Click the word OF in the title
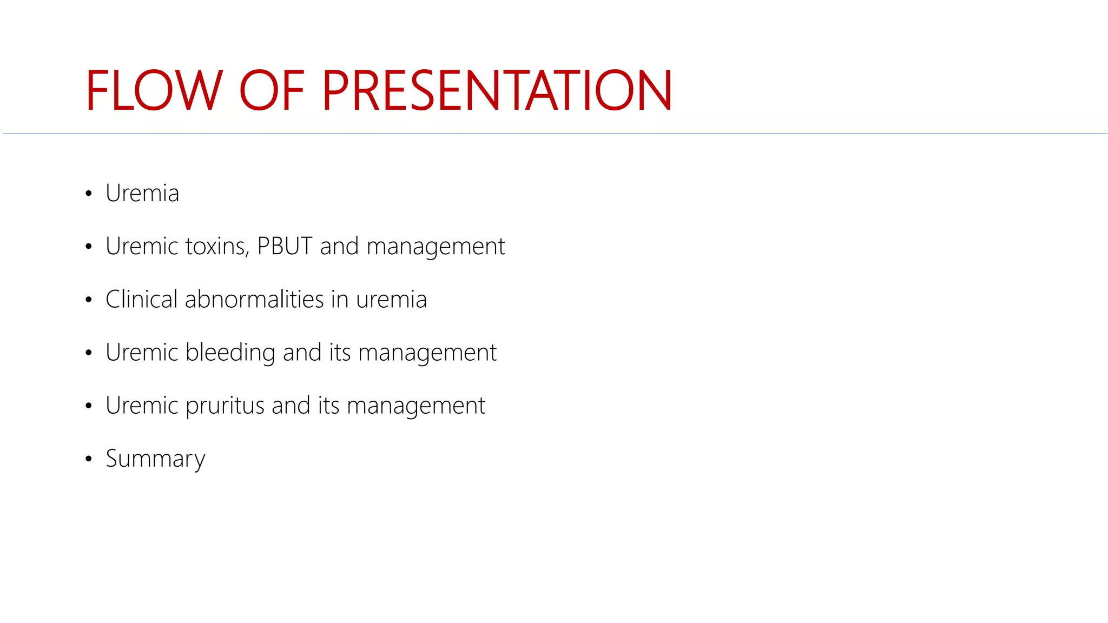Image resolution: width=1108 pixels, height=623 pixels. [x=272, y=91]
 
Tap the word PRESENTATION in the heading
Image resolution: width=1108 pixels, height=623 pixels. [x=497, y=91]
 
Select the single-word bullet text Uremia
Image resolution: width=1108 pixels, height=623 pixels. [x=142, y=194]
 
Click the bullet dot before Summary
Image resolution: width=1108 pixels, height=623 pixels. [x=89, y=459]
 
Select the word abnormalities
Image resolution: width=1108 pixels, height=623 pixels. [x=254, y=300]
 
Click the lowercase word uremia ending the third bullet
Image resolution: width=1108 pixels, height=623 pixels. [x=391, y=300]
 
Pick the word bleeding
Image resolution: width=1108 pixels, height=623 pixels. [x=230, y=353]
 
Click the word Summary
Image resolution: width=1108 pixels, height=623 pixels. [x=155, y=459]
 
